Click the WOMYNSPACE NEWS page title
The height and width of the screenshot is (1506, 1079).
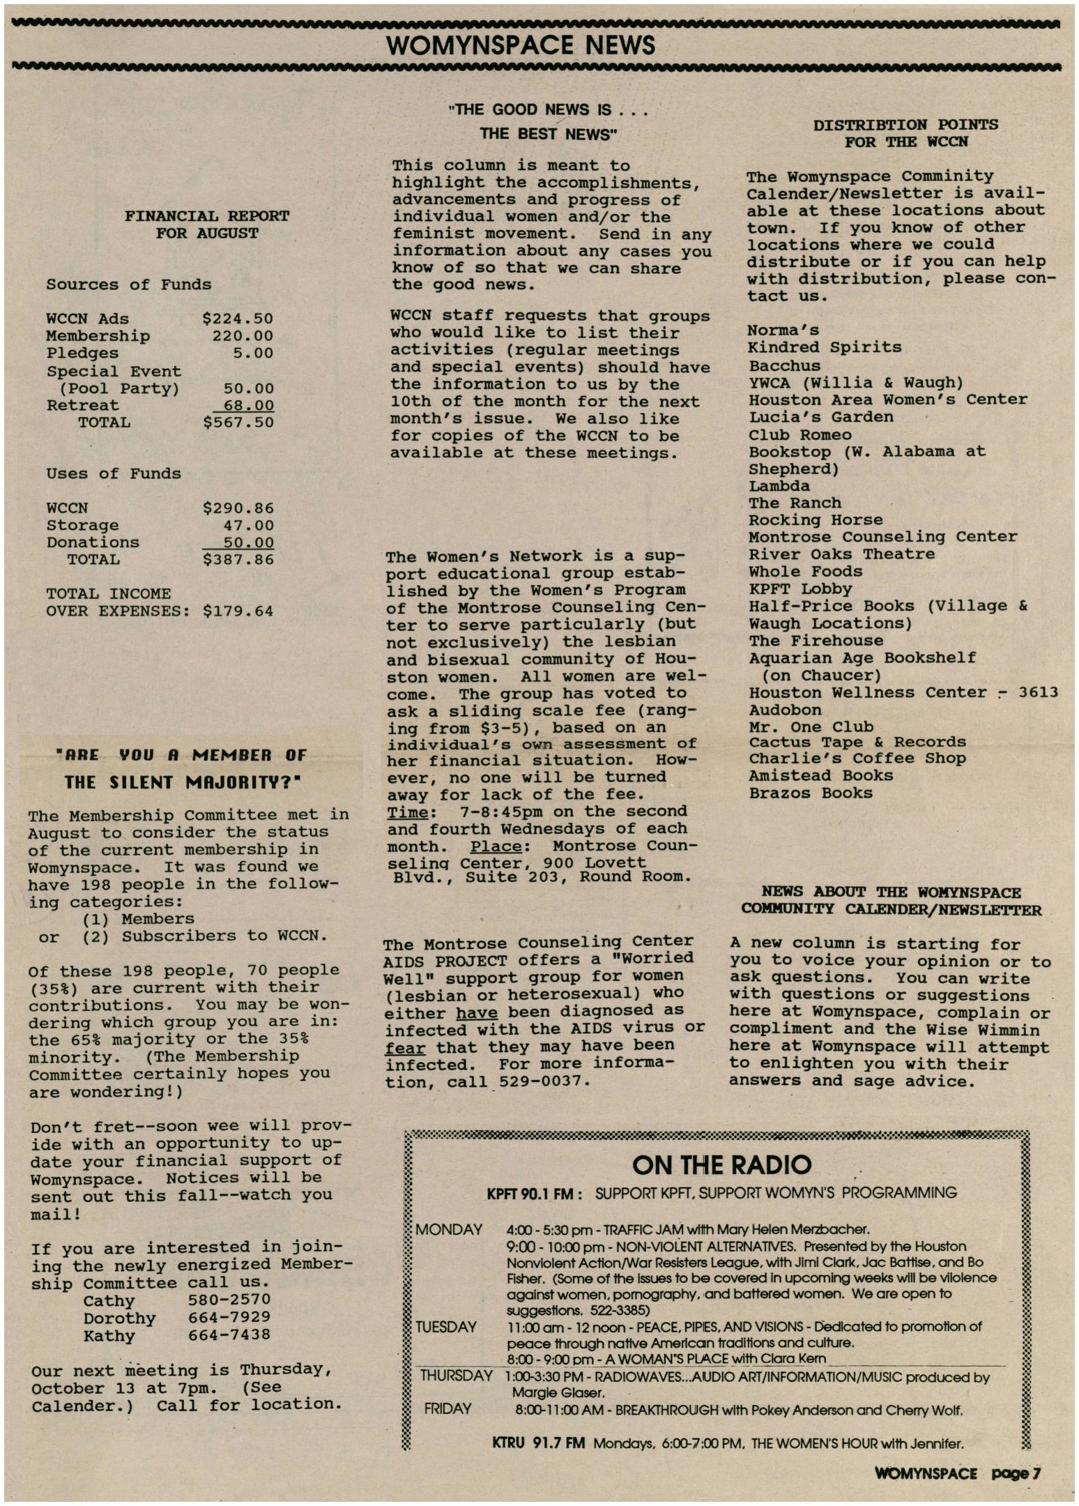tap(520, 46)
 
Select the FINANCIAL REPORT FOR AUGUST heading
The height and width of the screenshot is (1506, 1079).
tap(207, 225)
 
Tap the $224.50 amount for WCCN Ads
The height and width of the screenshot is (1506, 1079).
tap(238, 319)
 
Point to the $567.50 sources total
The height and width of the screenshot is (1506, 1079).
tap(238, 423)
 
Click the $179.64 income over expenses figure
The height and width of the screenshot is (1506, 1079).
tap(238, 611)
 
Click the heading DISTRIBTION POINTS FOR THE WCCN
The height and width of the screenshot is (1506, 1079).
tap(905, 133)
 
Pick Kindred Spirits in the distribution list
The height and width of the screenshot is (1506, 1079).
tap(824, 347)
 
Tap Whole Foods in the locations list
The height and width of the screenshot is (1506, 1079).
tap(805, 572)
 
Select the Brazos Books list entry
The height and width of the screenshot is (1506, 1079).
tap(810, 793)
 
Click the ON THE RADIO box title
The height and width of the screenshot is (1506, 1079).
tap(721, 1165)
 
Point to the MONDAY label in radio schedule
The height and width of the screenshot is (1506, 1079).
tap(448, 1230)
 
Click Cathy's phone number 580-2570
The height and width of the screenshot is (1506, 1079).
tap(229, 1300)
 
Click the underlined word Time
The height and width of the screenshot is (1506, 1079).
tap(410, 812)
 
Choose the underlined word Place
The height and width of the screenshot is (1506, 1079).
tap(496, 846)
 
